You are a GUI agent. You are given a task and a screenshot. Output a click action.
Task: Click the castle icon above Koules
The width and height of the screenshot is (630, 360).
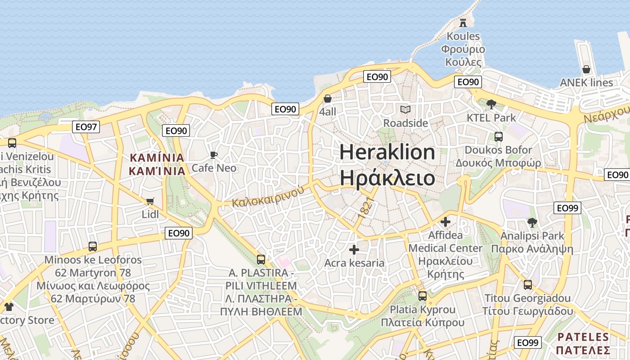click(463, 23)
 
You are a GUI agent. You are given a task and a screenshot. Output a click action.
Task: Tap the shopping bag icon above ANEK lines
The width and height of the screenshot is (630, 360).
click(586, 69)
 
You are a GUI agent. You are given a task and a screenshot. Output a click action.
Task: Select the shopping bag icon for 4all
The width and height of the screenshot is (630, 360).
click(328, 99)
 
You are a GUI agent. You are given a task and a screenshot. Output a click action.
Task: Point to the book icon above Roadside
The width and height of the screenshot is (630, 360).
click(405, 109)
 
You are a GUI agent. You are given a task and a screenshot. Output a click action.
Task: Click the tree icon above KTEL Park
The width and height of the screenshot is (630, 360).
click(491, 104)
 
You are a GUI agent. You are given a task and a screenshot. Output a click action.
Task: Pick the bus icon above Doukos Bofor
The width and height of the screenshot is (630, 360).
click(498, 136)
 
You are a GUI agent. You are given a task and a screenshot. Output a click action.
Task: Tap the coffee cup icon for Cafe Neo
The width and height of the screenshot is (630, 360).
click(214, 155)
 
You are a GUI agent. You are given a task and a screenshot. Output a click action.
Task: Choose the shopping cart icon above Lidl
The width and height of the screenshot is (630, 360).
click(150, 201)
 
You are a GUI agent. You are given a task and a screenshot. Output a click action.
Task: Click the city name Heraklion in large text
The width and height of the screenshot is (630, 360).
click(387, 152)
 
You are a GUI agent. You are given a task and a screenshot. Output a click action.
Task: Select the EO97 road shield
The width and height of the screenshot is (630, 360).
click(86, 127)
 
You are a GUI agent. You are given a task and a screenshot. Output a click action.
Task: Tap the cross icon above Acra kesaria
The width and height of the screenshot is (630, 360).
click(354, 249)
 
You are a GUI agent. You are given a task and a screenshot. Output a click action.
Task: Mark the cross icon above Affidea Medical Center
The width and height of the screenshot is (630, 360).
click(445, 222)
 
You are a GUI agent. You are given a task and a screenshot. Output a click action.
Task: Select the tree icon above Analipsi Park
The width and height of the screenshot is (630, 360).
click(532, 222)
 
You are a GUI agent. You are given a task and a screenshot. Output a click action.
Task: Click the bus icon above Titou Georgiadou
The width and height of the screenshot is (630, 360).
click(527, 285)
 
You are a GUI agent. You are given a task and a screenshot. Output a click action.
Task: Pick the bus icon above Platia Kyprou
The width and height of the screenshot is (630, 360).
click(422, 296)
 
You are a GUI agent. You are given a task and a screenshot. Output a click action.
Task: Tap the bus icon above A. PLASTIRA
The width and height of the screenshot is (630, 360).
click(261, 259)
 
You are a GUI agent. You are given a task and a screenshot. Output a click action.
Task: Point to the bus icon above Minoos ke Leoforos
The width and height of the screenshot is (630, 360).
click(93, 246)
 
